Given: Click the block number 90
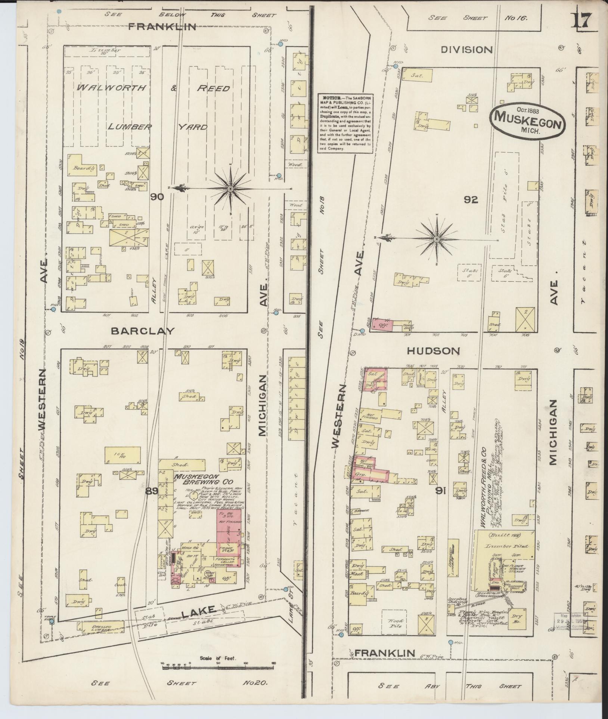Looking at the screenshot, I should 158,197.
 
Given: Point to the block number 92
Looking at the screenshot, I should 471,200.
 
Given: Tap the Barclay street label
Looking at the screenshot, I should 143,331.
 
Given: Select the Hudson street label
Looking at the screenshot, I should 433,351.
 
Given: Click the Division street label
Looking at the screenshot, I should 467,50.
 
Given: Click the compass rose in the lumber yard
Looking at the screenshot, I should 230,189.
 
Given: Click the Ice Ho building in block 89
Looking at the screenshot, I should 122,455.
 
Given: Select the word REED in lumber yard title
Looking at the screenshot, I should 213,88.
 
